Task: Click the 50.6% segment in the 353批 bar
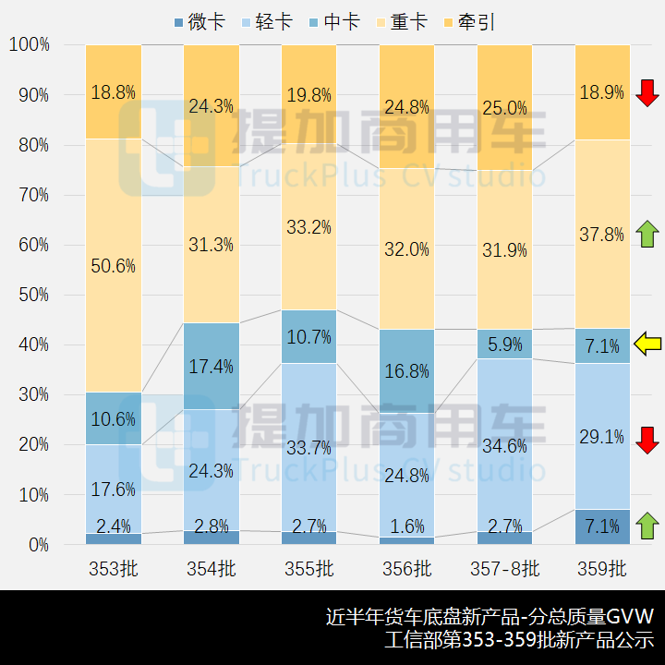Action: pyautogui.click(x=114, y=265)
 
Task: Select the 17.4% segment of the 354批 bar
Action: pyautogui.click(x=212, y=366)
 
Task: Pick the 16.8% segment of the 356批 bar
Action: pyautogui.click(x=406, y=371)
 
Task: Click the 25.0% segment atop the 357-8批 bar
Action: pyautogui.click(x=504, y=108)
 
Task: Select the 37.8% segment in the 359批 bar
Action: pyautogui.click(x=602, y=234)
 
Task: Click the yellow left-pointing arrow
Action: pyautogui.click(x=647, y=345)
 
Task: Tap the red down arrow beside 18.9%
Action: pyautogui.click(x=647, y=92)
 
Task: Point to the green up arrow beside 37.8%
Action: pyautogui.click(x=647, y=234)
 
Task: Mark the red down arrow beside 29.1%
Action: pyautogui.click(x=647, y=440)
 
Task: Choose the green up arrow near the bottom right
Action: pyautogui.click(x=647, y=526)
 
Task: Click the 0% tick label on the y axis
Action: pyautogui.click(x=39, y=545)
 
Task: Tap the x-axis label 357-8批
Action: pyautogui.click(x=504, y=568)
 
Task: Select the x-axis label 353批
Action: pyautogui.click(x=114, y=568)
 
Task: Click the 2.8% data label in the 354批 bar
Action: pyautogui.click(x=212, y=526)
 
